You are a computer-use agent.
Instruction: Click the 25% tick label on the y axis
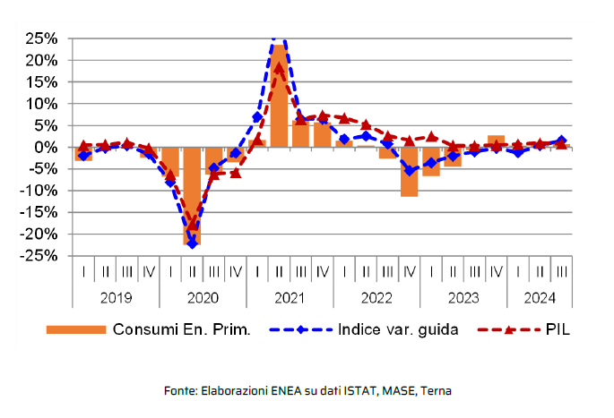(42, 38)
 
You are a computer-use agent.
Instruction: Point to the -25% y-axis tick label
(40, 255)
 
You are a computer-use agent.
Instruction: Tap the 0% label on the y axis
(47, 147)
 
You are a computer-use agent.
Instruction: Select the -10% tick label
(40, 191)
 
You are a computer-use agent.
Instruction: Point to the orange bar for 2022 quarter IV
(409, 171)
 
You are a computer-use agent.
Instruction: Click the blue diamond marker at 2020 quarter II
(192, 243)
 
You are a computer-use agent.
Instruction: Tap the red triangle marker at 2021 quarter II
(279, 68)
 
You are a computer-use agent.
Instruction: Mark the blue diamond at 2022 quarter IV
(409, 170)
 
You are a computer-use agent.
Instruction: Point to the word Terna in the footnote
(436, 391)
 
